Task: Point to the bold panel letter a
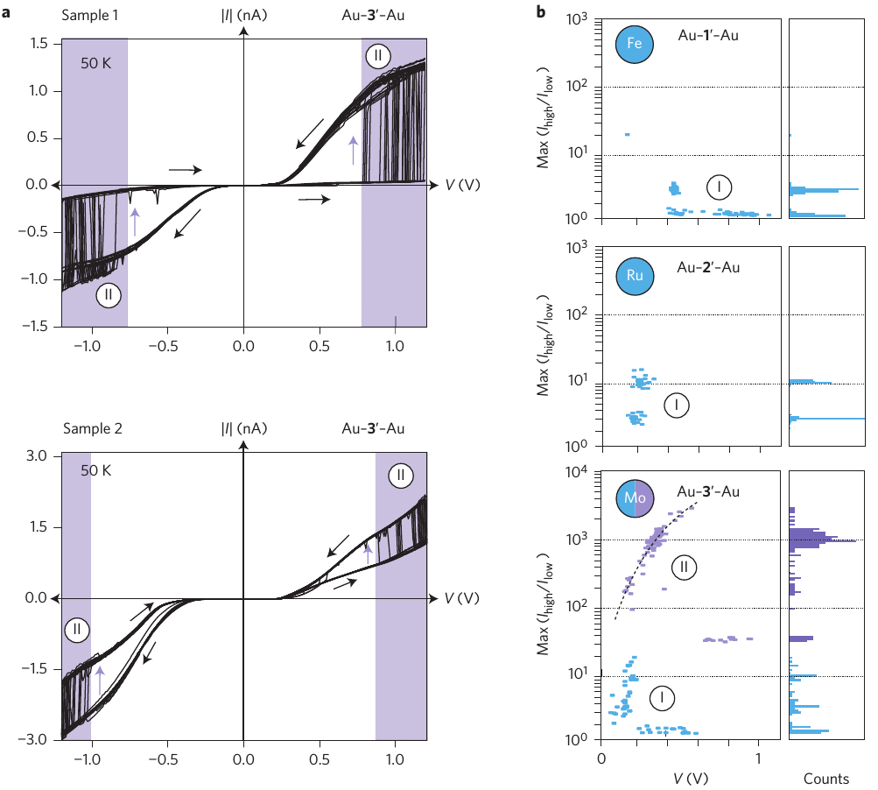click(x=7, y=14)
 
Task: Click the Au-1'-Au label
click(x=709, y=37)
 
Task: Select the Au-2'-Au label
click(x=709, y=266)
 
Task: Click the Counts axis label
click(x=826, y=779)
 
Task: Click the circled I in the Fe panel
click(x=719, y=187)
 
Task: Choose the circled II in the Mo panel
click(x=685, y=568)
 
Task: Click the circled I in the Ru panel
click(x=676, y=406)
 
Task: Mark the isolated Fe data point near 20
click(x=627, y=134)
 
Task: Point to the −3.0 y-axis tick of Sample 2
click(x=37, y=739)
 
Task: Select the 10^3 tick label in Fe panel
click(x=580, y=18)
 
